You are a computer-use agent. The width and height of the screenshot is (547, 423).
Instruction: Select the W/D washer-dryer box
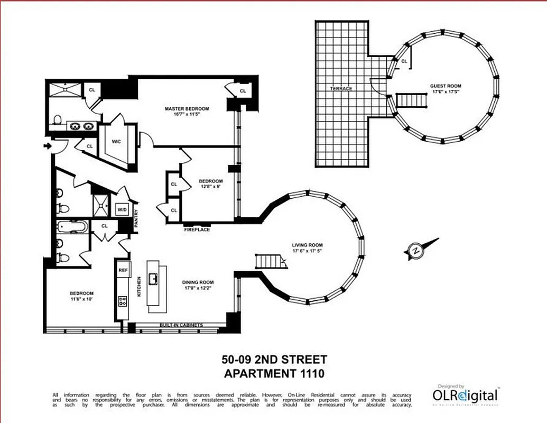tap(122, 209)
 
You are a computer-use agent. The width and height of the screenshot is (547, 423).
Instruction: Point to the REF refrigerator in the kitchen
tap(123, 270)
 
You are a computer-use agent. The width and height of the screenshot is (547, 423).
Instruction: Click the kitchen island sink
tap(154, 278)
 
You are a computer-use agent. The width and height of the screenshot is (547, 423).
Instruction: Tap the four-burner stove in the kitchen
tap(123, 302)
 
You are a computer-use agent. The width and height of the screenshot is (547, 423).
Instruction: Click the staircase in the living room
tap(270, 261)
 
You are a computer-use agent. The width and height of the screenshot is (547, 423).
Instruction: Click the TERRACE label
tap(341, 88)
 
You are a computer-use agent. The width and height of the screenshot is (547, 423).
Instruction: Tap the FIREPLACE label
tap(197, 230)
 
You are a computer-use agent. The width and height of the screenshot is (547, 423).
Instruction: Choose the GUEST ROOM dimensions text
tap(446, 92)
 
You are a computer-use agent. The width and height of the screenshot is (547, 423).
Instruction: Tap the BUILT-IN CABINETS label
tap(181, 325)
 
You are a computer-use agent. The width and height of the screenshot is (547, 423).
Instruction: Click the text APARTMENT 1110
tap(274, 374)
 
